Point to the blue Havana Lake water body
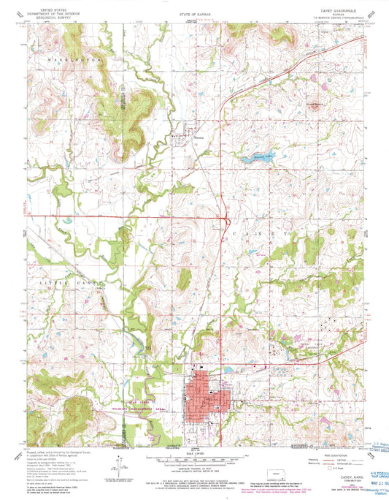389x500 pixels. point(249,156)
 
